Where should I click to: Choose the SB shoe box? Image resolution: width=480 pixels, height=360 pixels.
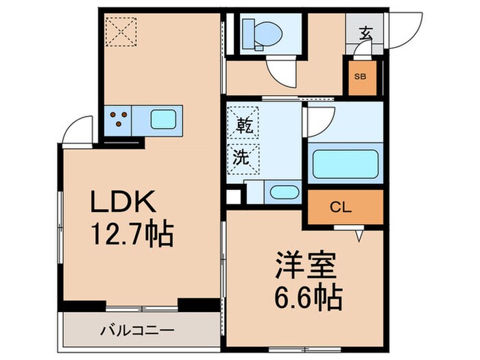coord(360,77)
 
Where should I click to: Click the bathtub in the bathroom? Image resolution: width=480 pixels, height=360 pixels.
coord(346,163)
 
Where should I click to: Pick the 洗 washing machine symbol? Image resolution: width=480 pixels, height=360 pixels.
coord(243,156)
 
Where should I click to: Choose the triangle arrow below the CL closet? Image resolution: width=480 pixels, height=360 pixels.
coord(357,237)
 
